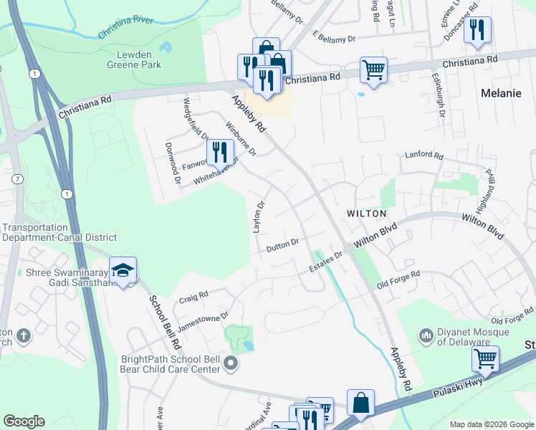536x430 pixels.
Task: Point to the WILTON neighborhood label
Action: (366, 214)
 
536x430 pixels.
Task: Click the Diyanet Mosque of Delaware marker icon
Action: (426, 335)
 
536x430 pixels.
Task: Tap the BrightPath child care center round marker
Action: (230, 363)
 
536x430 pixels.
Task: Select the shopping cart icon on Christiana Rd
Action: (373, 70)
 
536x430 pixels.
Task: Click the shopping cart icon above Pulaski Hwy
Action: (485, 358)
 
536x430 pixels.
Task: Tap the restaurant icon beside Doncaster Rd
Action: (477, 29)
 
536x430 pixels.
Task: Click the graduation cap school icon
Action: (123, 270)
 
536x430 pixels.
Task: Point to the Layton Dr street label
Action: (259, 216)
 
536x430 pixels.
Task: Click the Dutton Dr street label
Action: (282, 246)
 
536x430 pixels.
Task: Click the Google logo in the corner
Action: (24, 421)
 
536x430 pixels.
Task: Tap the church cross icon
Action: (24, 335)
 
